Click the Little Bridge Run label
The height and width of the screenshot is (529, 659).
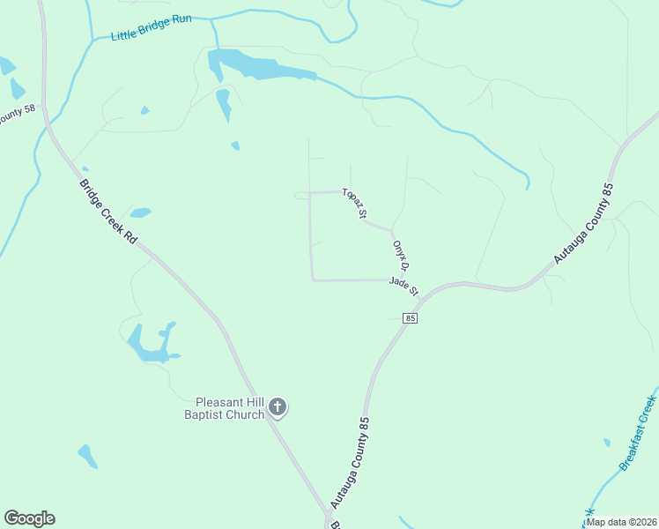click(x=151, y=27)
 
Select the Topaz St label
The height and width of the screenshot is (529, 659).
click(x=355, y=203)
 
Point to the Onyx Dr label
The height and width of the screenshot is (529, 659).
click(x=402, y=255)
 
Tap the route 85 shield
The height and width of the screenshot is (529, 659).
click(x=411, y=317)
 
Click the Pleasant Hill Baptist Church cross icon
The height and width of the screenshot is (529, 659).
click(x=278, y=407)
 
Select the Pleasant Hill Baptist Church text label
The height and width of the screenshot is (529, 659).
click(x=224, y=408)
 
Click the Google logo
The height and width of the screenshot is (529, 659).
click(x=29, y=518)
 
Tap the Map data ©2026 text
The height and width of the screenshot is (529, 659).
click(x=620, y=522)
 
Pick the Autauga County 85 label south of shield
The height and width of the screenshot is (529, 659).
click(x=349, y=462)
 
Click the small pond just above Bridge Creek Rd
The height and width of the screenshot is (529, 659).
click(x=140, y=212)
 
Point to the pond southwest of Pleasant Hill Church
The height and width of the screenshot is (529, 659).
click(x=87, y=456)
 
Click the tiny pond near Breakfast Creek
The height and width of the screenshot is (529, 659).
click(x=606, y=443)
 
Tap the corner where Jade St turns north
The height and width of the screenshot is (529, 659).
click(x=313, y=279)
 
